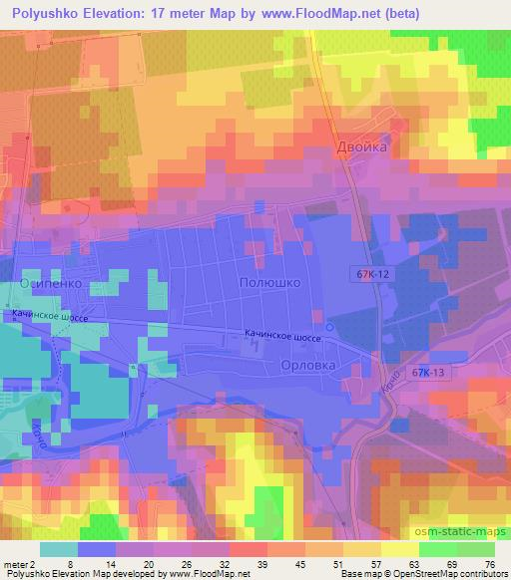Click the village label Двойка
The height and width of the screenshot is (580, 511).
360,146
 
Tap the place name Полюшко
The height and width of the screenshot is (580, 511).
270,283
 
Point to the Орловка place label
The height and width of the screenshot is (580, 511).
307,366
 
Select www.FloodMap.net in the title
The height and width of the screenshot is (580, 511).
327,14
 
